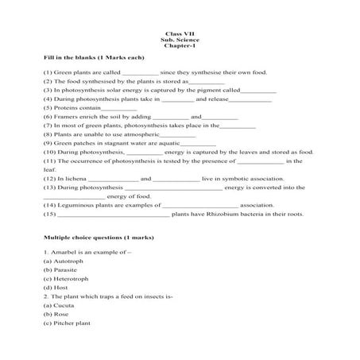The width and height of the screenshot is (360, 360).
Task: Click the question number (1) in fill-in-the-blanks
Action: click(x=48, y=72)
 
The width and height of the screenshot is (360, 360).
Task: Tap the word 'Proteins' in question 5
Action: click(x=68, y=107)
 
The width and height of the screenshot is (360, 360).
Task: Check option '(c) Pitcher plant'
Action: click(x=68, y=323)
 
